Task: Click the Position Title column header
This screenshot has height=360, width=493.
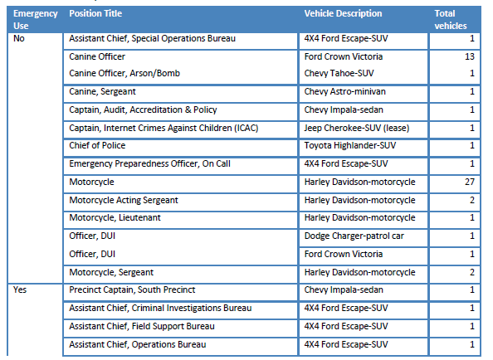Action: (x=95, y=13)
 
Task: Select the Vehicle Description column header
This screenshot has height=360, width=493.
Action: (x=343, y=13)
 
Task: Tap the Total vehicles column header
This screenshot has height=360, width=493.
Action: (x=451, y=19)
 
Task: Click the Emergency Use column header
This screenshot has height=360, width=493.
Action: (x=35, y=19)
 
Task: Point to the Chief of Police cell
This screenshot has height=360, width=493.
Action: (x=97, y=145)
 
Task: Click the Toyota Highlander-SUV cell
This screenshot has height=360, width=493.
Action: (x=350, y=145)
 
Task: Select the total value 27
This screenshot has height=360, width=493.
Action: (x=470, y=182)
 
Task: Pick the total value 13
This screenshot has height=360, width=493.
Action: (x=470, y=56)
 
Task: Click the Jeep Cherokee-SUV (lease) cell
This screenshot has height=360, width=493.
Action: (x=357, y=129)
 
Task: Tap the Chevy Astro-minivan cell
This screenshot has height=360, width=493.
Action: (x=344, y=91)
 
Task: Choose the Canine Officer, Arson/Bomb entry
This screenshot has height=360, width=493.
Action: (x=124, y=73)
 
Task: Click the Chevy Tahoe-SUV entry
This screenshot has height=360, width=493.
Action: (x=339, y=73)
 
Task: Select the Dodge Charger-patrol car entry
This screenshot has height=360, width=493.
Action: (x=354, y=236)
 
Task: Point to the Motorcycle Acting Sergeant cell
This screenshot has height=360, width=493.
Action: (x=124, y=200)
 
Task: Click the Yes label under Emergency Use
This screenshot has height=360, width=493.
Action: (x=20, y=289)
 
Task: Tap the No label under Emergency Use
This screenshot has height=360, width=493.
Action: (x=19, y=38)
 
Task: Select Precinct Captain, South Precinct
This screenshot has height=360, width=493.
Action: (x=132, y=289)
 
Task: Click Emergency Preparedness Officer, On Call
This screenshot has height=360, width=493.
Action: (x=149, y=163)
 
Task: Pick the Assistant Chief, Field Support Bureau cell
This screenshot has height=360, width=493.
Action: (x=142, y=326)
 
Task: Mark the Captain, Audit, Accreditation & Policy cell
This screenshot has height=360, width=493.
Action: (x=143, y=109)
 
